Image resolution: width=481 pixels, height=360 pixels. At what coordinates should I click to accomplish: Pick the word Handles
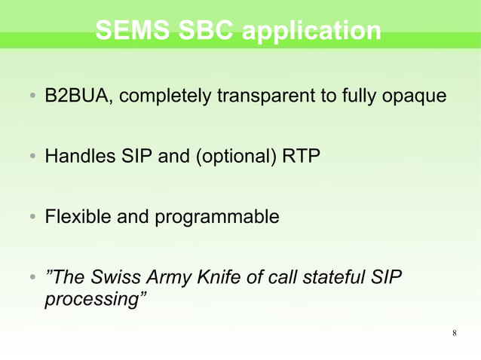(x=75, y=157)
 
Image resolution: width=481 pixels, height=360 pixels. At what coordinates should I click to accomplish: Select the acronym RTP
(x=301, y=157)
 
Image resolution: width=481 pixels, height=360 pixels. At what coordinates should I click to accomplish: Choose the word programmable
(x=217, y=218)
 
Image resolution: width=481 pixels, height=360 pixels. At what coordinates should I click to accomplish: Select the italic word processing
(x=92, y=299)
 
